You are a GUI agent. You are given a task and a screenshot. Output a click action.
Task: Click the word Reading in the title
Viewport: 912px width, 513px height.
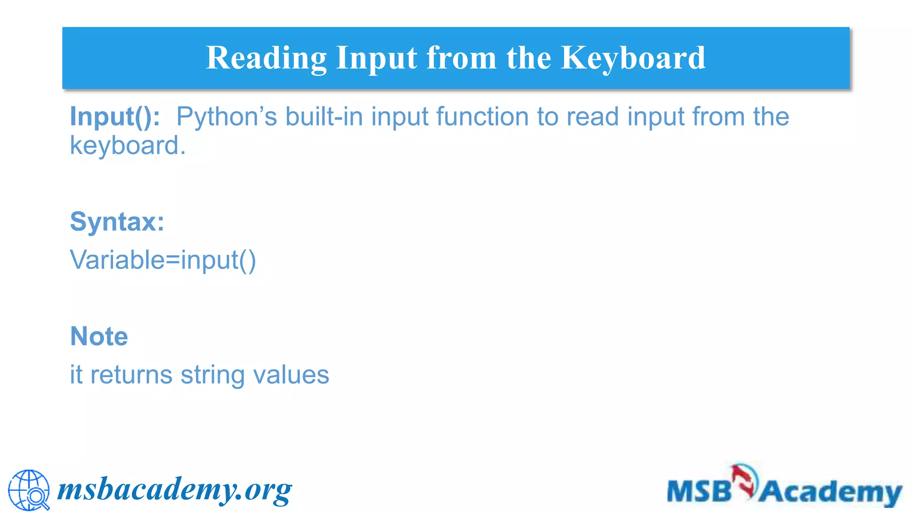pos(266,58)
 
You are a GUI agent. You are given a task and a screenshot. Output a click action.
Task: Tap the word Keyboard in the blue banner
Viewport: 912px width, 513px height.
pos(633,58)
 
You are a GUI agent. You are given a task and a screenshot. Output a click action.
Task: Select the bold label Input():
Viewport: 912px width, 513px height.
pos(115,117)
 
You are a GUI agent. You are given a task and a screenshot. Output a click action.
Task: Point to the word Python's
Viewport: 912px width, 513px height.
pos(227,117)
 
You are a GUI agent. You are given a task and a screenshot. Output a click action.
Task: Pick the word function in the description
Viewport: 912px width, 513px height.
pos(482,117)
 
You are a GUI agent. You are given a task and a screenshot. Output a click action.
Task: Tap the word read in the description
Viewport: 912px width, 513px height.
pos(592,117)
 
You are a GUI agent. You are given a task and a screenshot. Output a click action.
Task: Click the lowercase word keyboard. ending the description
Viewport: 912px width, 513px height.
pos(128,146)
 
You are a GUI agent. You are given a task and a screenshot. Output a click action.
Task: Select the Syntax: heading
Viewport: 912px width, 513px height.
pos(117,221)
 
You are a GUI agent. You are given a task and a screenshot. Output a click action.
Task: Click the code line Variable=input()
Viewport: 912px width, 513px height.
pos(163,260)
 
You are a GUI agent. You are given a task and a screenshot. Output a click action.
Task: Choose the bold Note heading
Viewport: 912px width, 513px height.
pos(99,336)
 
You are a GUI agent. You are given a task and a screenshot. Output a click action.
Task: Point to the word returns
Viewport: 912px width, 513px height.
pos(131,375)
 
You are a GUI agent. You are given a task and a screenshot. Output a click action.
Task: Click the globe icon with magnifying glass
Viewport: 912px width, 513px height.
pos(29,490)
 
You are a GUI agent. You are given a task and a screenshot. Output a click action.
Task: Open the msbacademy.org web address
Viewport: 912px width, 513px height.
pos(175,490)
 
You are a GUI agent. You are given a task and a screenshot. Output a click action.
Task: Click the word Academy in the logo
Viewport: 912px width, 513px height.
pos(831,493)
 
